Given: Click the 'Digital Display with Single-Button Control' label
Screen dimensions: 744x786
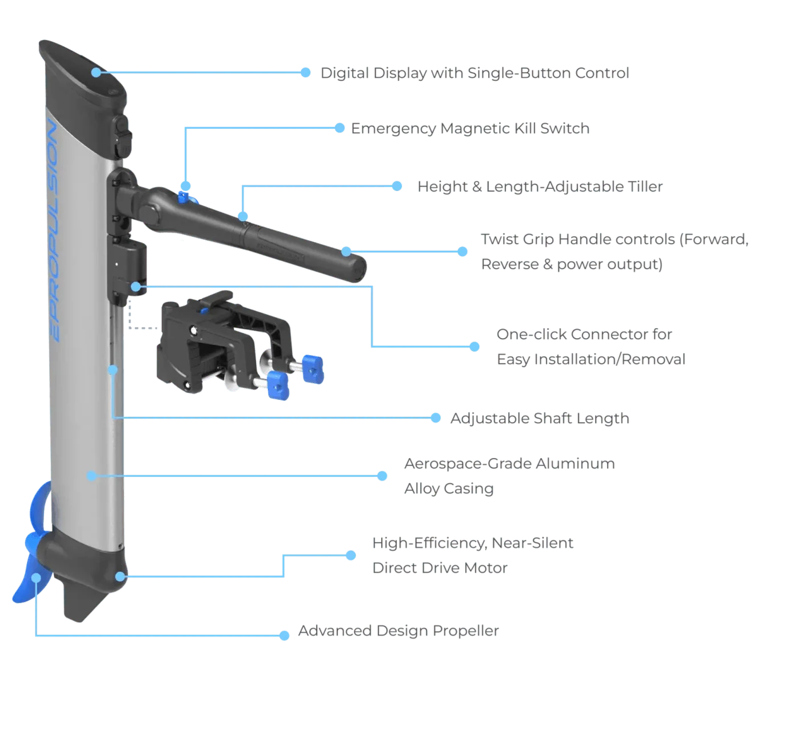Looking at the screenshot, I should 474,73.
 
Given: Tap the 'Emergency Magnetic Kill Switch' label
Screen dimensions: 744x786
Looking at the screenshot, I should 469,128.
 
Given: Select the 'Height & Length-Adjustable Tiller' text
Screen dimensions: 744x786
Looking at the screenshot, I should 540,187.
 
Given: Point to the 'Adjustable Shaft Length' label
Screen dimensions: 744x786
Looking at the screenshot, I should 540,419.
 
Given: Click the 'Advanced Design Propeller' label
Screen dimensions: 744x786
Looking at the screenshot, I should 399,632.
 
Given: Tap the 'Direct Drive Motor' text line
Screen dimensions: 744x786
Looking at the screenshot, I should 439,568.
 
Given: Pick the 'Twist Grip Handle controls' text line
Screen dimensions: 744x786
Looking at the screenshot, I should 614,240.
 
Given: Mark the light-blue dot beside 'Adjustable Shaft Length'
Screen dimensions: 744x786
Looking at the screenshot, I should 436,419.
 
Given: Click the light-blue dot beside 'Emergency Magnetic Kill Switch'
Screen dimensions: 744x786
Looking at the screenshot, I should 340,128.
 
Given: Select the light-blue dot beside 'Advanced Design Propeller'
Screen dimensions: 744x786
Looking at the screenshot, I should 284,635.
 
